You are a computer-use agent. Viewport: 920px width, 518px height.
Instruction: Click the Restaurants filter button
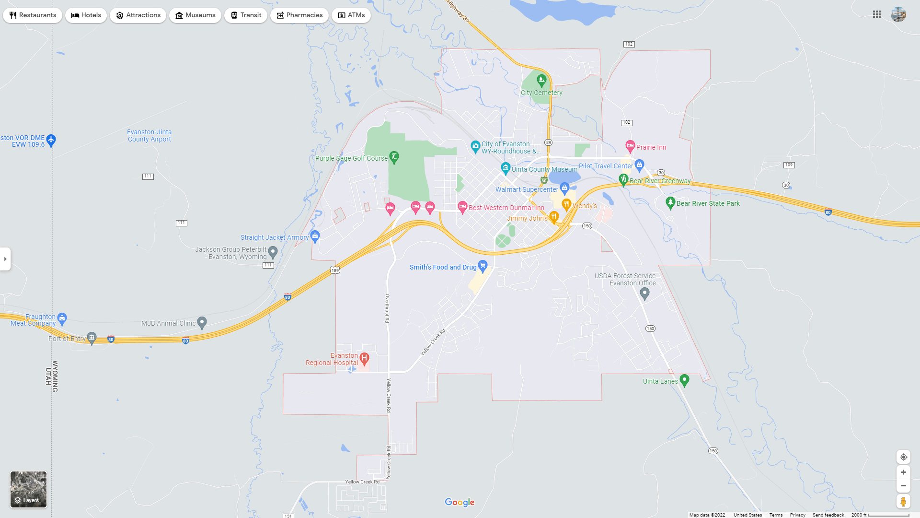33,15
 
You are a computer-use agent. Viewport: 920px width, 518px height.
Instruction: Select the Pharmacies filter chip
299,15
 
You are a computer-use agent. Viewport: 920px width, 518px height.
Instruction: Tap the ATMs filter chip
351,15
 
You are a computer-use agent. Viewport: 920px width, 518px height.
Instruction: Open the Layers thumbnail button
29,489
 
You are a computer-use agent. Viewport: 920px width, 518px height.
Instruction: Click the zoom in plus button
903,472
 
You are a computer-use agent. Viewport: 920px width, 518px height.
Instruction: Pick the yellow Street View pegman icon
903,502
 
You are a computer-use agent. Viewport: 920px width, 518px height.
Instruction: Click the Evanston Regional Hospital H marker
364,358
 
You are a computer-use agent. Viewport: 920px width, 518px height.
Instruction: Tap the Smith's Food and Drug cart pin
483,265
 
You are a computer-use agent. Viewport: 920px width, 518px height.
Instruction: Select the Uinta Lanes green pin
684,380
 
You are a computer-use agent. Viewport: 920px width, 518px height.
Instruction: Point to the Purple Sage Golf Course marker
394,157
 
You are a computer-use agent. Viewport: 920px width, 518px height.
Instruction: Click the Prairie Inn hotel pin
630,146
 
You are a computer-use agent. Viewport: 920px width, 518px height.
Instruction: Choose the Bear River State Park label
708,203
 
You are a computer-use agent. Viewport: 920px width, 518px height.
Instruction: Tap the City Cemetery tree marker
541,80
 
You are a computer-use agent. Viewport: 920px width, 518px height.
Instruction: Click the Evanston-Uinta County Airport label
149,136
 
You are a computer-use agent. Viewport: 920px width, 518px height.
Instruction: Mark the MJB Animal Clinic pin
202,322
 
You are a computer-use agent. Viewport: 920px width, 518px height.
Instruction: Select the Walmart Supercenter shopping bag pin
564,188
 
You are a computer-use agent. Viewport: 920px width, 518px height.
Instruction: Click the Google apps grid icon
877,15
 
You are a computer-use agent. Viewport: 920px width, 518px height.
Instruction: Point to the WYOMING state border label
55,376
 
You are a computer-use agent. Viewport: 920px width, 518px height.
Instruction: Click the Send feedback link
828,515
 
